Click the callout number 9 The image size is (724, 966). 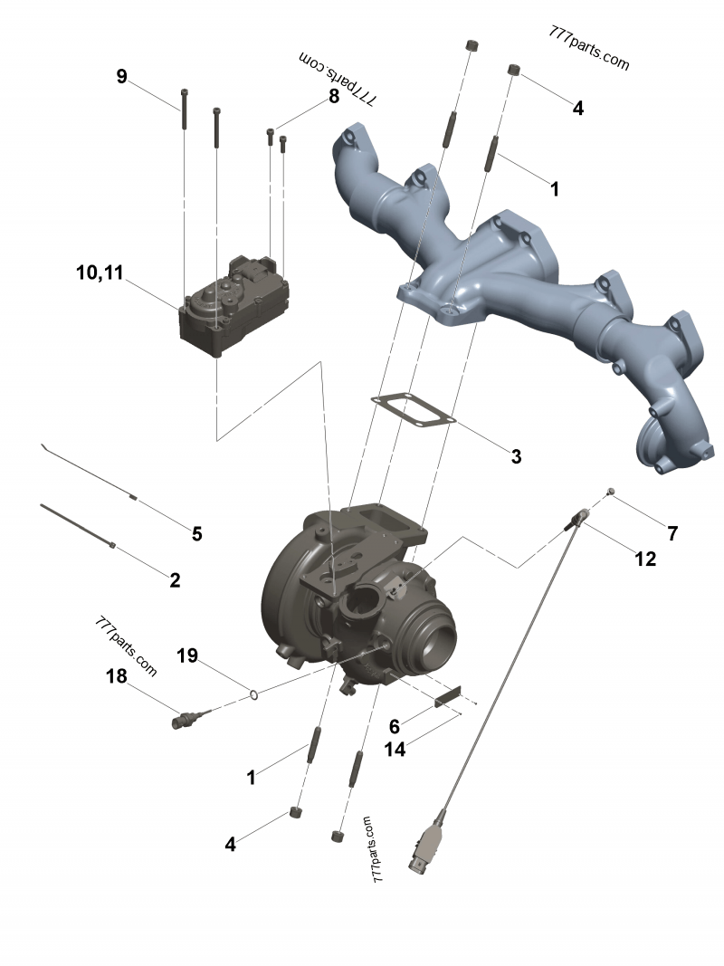(x=122, y=76)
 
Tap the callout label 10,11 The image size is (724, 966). (x=100, y=273)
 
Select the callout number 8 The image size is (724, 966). (x=334, y=96)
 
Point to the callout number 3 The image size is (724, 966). (x=516, y=456)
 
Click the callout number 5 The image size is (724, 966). (x=196, y=533)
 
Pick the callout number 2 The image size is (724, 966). (x=175, y=579)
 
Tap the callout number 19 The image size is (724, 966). (x=187, y=655)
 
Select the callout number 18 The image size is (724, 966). (x=117, y=676)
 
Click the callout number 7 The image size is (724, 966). (x=672, y=533)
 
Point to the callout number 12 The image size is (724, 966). (x=645, y=559)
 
